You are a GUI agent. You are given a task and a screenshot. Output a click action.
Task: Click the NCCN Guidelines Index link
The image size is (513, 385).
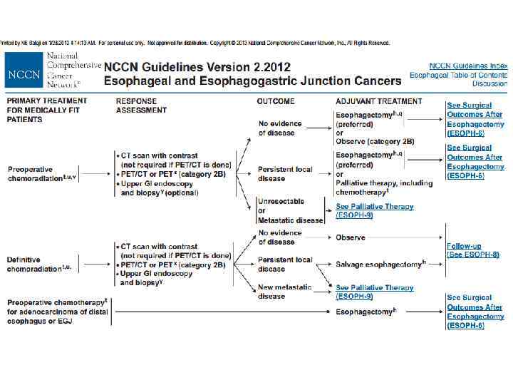(x=468, y=66)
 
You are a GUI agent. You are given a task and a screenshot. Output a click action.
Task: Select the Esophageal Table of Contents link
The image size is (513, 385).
(x=458, y=75)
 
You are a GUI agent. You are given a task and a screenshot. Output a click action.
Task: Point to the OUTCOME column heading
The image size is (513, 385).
(x=276, y=101)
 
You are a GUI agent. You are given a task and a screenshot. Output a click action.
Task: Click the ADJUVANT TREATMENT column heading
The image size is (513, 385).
(x=378, y=101)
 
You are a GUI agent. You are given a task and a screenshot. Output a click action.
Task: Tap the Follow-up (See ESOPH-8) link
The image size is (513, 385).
(x=472, y=250)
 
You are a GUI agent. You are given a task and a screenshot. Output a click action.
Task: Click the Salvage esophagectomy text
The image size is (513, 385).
(x=379, y=265)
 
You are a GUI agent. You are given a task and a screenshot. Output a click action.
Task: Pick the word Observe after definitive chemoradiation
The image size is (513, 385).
(x=351, y=237)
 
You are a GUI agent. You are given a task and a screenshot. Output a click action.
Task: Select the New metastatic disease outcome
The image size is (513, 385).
(x=284, y=292)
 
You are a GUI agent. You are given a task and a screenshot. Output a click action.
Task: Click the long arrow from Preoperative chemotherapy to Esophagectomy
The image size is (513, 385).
(x=221, y=312)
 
